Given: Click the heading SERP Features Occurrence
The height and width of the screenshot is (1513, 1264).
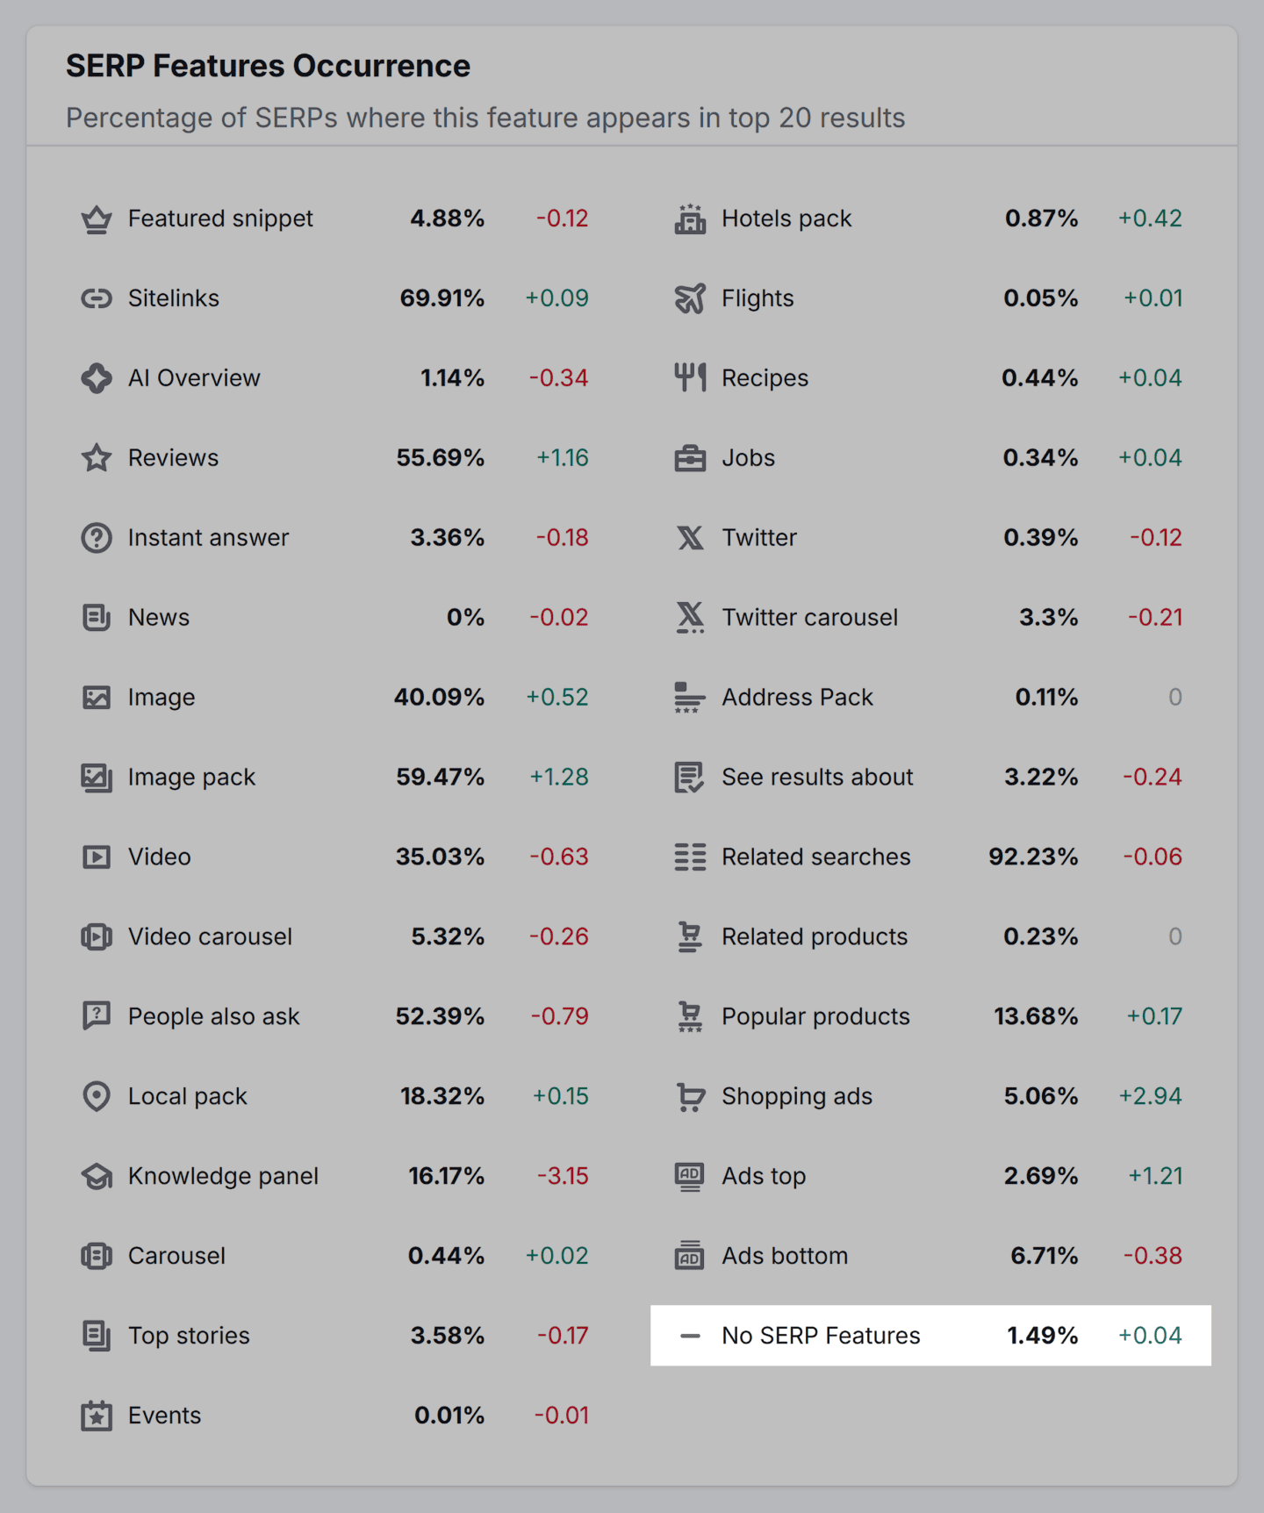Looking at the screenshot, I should click(x=268, y=66).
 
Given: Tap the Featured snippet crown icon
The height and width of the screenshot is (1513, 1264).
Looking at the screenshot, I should click(x=97, y=219).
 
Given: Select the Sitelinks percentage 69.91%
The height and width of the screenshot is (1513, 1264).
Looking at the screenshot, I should click(x=442, y=298).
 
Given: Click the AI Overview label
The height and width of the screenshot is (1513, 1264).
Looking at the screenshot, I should click(x=194, y=378).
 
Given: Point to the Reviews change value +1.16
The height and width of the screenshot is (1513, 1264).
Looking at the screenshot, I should click(x=562, y=458).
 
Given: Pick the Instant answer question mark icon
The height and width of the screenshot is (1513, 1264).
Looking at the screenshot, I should click(x=97, y=538).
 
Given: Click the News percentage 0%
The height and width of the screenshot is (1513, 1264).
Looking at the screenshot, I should click(x=465, y=618).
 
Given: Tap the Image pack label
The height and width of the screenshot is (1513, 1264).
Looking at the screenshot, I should click(x=191, y=778).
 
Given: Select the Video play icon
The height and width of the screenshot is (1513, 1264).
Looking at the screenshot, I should click(x=97, y=857).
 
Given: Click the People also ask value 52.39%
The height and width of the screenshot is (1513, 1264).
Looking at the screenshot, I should click(x=440, y=1016).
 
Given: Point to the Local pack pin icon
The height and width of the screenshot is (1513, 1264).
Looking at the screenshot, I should click(x=97, y=1096).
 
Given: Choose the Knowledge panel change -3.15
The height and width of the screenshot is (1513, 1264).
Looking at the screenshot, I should click(x=563, y=1176).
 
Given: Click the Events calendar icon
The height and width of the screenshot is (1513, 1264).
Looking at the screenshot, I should click(x=97, y=1416).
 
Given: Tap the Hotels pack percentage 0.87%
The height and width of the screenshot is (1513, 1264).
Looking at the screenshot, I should click(x=1041, y=219).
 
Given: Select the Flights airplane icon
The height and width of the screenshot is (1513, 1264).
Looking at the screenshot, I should click(x=690, y=298).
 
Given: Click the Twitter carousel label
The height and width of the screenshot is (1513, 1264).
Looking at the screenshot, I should click(x=809, y=618).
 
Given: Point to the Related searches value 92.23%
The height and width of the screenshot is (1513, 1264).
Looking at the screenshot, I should click(x=1033, y=857).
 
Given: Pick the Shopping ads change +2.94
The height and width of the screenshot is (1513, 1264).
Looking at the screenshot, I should click(x=1150, y=1096).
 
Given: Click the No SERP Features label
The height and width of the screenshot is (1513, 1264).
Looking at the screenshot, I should click(x=821, y=1336).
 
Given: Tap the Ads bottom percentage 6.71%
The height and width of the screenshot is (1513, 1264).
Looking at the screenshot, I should click(x=1044, y=1256).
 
